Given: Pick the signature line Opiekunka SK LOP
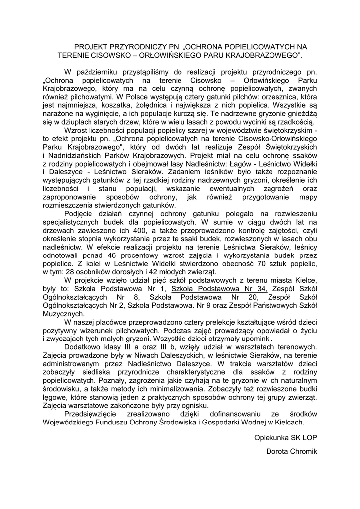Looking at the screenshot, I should (x=285, y=438).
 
